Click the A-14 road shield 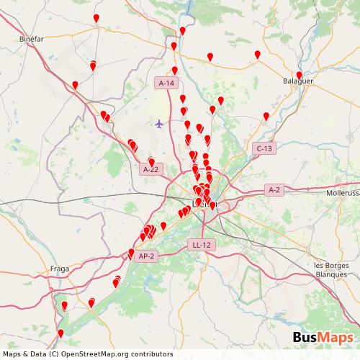pyautogui.click(x=166, y=84)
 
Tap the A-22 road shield pyautogui.click(x=151, y=169)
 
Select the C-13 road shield pyautogui.click(x=265, y=148)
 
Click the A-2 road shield pyautogui.click(x=274, y=190)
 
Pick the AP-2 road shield pyautogui.click(x=146, y=255)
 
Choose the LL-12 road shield pyautogui.click(x=202, y=245)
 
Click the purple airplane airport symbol pyautogui.click(x=159, y=123)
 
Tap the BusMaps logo pyautogui.click(x=323, y=338)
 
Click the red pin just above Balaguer pyautogui.click(x=300, y=74)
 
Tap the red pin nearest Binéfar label pyautogui.click(x=93, y=66)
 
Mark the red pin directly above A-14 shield pyautogui.click(x=174, y=71)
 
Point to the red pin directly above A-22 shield pyautogui.click(x=151, y=162)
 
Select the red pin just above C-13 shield pyautogui.click(x=266, y=116)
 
